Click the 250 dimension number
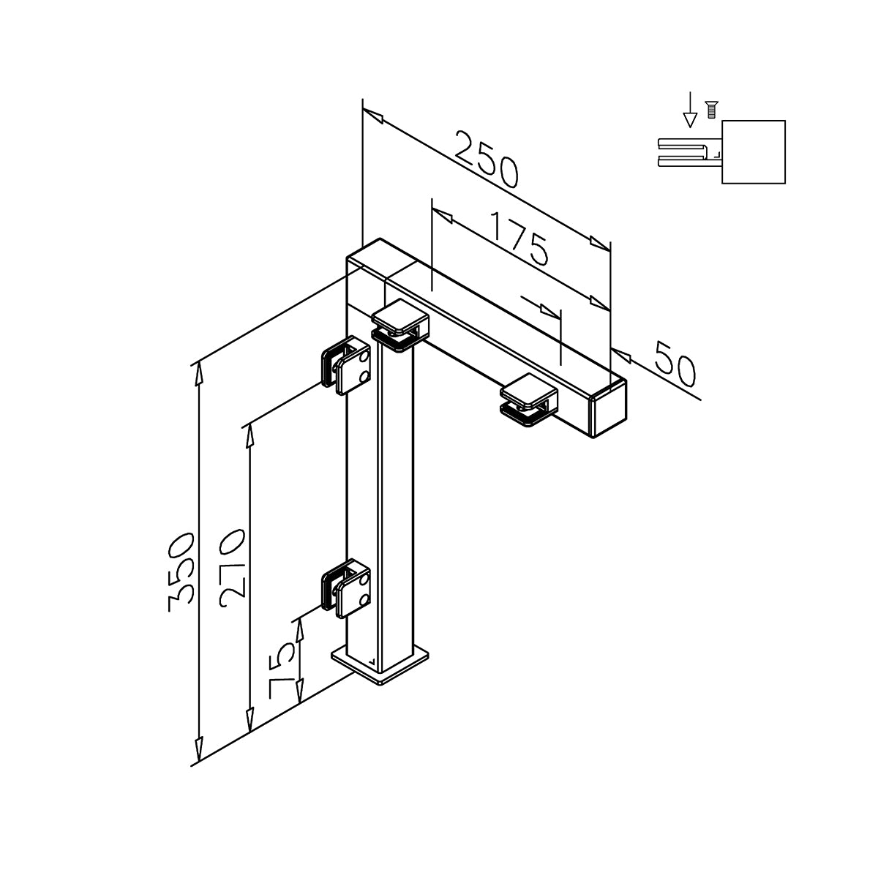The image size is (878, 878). pos(487,159)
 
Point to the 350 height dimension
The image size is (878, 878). pos(181,572)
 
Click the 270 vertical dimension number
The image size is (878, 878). pos(233,569)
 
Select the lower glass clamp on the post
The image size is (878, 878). pos(346,589)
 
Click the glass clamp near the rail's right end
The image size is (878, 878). pos(528,400)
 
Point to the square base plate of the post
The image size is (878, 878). pos(380,667)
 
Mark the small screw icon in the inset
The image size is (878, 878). pos(710,109)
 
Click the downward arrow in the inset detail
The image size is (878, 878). pos(690,109)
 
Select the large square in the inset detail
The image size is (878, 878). pos(754,151)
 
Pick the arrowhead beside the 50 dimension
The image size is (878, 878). pos(621,356)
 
